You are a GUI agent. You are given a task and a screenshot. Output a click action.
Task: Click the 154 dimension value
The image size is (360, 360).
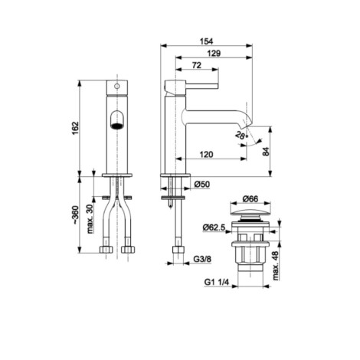[206, 41]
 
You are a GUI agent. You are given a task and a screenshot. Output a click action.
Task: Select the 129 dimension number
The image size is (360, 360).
[214, 53]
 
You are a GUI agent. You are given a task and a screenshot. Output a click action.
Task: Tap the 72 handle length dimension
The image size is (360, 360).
[196, 65]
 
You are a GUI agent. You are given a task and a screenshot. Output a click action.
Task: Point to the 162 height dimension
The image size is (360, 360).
[75, 128]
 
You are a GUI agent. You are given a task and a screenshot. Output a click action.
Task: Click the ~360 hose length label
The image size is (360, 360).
[75, 214]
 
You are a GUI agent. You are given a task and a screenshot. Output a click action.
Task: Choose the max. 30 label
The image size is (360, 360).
[90, 218]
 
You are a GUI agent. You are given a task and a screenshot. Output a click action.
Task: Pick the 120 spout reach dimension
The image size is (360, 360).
[206, 154]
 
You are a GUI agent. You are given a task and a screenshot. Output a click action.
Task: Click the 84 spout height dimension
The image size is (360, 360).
[266, 152]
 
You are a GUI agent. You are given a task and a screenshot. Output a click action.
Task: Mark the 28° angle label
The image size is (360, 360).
[241, 135]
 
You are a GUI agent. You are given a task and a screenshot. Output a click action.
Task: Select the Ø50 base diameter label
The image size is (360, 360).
[201, 184]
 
